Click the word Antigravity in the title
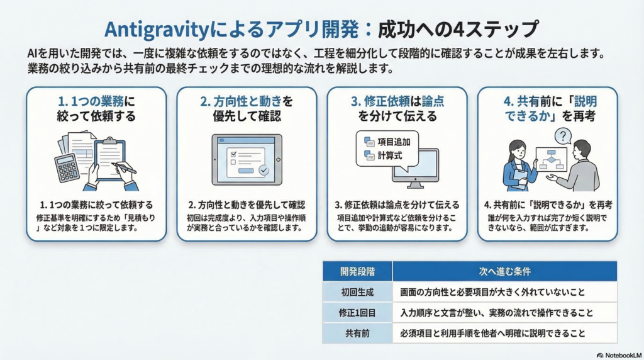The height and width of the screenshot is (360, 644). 157,30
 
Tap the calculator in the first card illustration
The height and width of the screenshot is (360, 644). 67,169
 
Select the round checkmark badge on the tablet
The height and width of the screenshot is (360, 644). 264,170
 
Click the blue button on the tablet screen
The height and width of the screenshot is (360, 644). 246,171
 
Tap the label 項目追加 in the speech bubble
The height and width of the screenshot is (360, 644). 394,142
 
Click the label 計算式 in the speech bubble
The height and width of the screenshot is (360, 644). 390,155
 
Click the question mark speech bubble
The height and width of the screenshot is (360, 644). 563,136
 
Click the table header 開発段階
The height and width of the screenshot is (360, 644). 357,271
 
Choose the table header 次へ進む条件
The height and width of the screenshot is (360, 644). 505,271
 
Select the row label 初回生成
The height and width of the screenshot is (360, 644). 357,292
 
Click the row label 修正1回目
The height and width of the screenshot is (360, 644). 357,313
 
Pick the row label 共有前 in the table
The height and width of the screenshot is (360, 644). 357,334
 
